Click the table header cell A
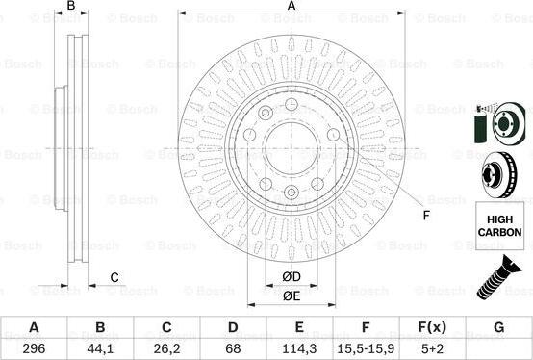tap(34, 327)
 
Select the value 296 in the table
tap(34, 348)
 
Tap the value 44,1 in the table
tap(100, 348)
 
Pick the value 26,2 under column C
tap(166, 348)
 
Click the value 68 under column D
tap(233, 348)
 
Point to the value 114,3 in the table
tap(299, 348)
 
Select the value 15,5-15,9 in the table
tap(366, 348)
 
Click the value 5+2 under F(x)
tap(432, 348)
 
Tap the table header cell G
tap(498, 327)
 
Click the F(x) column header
tap(432, 327)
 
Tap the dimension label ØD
tap(292, 278)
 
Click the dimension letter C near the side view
tap(114, 278)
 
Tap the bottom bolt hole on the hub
tap(292, 194)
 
